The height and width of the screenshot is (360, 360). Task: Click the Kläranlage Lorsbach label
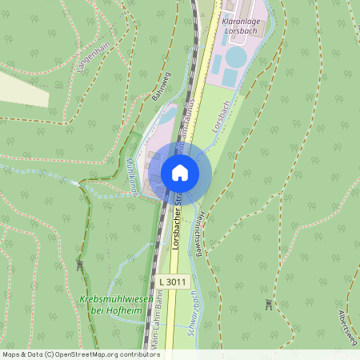(243, 24)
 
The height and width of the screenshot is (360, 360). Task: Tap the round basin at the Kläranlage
(237, 58)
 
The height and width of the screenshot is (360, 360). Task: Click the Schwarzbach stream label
(192, 313)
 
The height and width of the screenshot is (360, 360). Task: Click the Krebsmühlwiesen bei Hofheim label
(104, 305)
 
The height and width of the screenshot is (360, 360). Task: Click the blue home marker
(180, 173)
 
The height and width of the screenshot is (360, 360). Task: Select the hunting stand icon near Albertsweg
(268, 305)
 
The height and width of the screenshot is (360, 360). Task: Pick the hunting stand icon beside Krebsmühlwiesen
(80, 264)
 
